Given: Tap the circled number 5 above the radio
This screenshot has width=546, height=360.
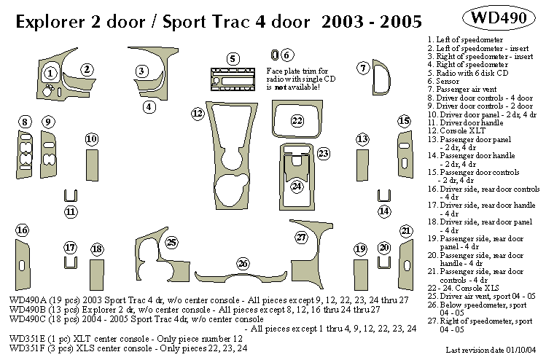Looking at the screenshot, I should (233, 58).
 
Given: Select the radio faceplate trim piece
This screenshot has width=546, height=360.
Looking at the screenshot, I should (233, 78).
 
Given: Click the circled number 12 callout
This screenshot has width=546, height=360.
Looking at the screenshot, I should (198, 113).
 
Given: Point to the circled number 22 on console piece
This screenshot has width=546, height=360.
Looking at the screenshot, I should (297, 120).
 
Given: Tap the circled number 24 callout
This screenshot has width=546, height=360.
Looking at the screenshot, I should (297, 187).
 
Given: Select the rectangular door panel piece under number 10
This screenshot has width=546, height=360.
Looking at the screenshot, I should (92, 164).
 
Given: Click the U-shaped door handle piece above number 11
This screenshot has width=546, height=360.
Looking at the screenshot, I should (71, 195).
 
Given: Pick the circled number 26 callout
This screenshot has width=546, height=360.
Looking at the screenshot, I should (243, 263).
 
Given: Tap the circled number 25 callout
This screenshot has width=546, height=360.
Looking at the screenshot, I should (172, 242).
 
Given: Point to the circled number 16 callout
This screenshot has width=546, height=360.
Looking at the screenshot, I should (23, 231).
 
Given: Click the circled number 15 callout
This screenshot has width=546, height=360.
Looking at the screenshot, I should (403, 120).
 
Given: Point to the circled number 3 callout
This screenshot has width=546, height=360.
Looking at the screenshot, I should (141, 71).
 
